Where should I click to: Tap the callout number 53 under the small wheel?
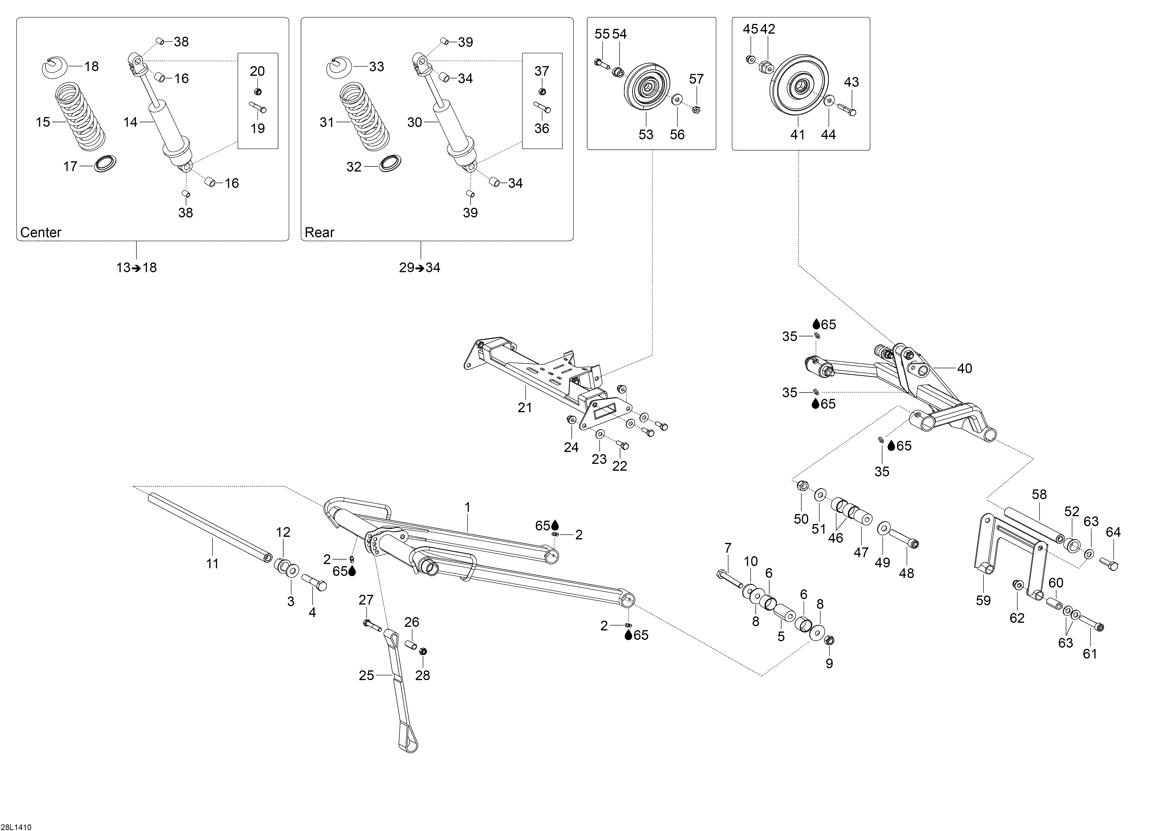[x=646, y=135]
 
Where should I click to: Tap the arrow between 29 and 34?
[x=420, y=268]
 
